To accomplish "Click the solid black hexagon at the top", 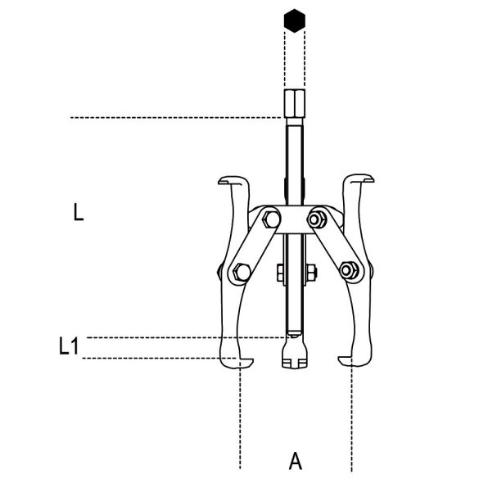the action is pyautogui.click(x=295, y=20).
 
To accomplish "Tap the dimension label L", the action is pyautogui.click(x=79, y=212).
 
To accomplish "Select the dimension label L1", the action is pyautogui.click(x=69, y=346).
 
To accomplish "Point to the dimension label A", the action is pyautogui.click(x=295, y=461).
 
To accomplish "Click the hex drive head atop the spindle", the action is pyautogui.click(x=295, y=103).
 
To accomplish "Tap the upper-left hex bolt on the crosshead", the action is pyautogui.click(x=271, y=219).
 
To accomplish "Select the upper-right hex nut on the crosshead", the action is pyautogui.click(x=317, y=219).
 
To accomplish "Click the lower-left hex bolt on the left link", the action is pyautogui.click(x=242, y=272).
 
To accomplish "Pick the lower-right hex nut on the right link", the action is pyautogui.click(x=349, y=270).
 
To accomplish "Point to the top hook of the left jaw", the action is pyautogui.click(x=233, y=180).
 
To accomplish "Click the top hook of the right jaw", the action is pyautogui.click(x=359, y=179).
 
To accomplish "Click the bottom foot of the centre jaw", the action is pyautogui.click(x=294, y=358).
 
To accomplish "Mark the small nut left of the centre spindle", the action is pyautogui.click(x=280, y=273).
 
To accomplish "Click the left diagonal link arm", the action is pyautogui.click(x=256, y=246).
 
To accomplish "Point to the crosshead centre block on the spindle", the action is pyautogui.click(x=295, y=219).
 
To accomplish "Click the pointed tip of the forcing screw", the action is pyautogui.click(x=294, y=335).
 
